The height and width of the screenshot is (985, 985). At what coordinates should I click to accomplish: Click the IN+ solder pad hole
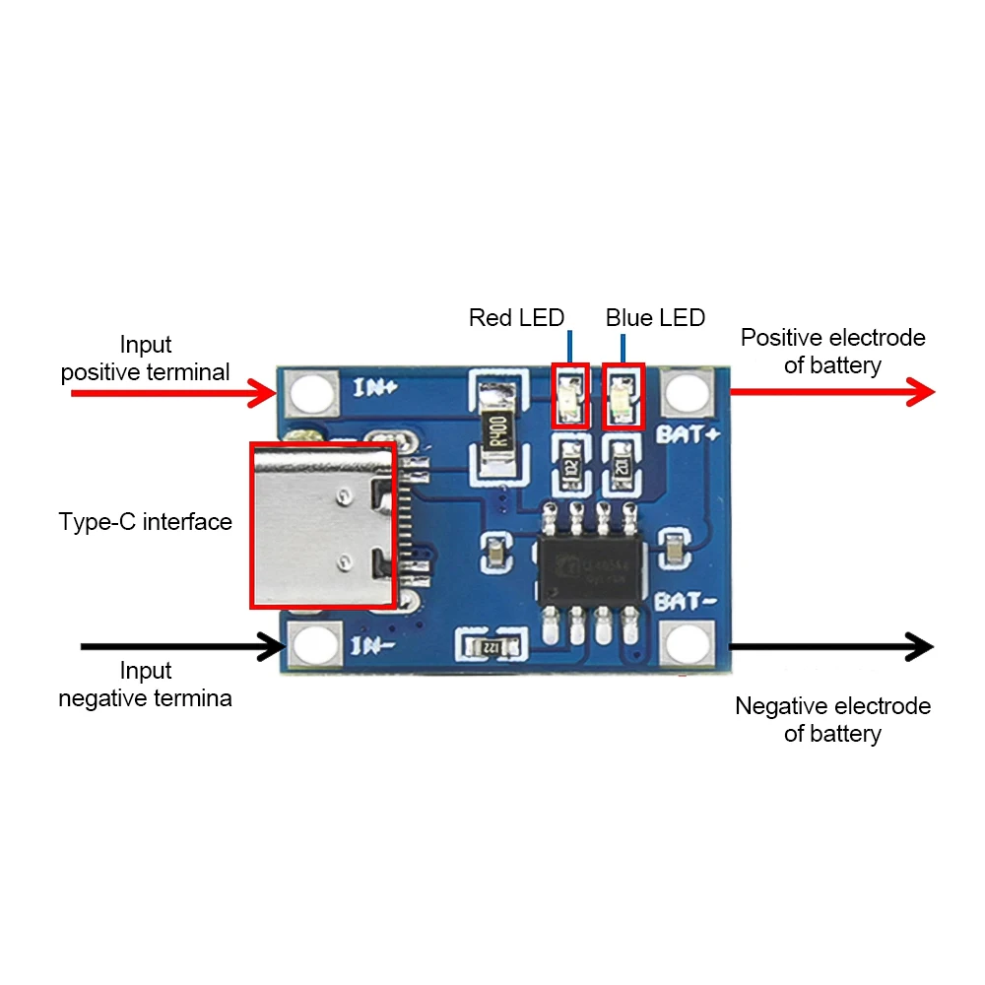point(313,393)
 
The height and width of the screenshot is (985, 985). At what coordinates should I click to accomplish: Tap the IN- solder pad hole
point(313,646)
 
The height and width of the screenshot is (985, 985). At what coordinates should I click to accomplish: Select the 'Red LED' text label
point(516,318)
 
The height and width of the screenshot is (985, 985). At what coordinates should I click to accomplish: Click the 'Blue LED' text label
point(655,318)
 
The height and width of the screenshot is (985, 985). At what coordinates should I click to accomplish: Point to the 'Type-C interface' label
point(146,522)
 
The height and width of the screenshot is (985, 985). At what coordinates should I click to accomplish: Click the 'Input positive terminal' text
point(146,359)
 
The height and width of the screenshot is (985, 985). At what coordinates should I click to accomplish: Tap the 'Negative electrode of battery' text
point(832,720)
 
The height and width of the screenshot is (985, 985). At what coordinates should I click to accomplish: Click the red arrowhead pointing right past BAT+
point(918,392)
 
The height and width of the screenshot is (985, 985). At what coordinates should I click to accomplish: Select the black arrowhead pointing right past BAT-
point(918,646)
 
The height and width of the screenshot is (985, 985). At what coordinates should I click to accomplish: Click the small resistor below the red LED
point(569,463)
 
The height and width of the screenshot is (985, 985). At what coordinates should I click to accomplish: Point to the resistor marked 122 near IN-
point(489,646)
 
